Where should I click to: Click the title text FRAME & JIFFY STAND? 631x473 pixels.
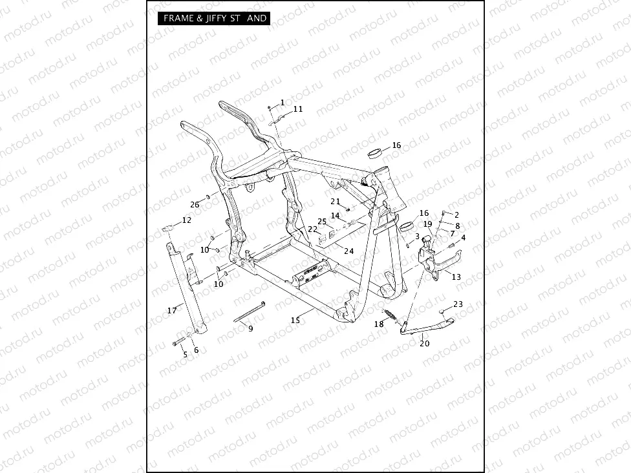[214, 18]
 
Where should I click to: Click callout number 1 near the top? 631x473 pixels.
[282, 103]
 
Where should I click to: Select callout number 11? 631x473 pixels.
[297, 109]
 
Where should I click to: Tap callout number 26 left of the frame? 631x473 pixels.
[195, 204]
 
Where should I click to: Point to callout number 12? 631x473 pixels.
[187, 220]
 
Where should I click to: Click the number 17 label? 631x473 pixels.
[172, 311]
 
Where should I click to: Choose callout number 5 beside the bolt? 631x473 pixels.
[184, 354]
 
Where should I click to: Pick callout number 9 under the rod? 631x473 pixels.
[251, 328]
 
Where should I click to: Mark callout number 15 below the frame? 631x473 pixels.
[295, 320]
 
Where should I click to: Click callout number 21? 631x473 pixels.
[335, 201]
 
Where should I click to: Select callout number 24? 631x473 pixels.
[349, 251]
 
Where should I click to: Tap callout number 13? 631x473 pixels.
[456, 277]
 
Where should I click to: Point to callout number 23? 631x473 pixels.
[458, 304]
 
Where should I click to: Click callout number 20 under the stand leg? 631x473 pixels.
[424, 343]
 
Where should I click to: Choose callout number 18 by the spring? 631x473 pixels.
[379, 324]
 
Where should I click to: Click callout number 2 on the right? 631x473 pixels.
[456, 215]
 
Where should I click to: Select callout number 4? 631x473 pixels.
[462, 237]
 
